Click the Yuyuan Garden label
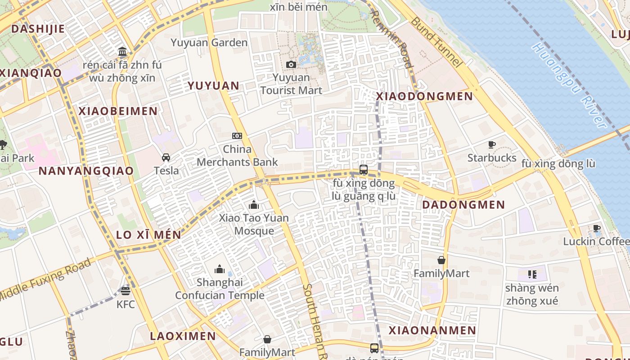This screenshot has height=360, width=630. (x=209, y=43)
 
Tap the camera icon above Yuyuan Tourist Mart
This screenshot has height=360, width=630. (x=291, y=64)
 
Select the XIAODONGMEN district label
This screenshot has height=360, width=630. (x=424, y=96)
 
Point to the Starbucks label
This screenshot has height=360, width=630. (x=492, y=158)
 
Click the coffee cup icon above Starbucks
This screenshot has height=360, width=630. (x=492, y=144)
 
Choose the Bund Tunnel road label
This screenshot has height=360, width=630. (x=436, y=42)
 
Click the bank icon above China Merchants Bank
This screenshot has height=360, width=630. (x=237, y=135)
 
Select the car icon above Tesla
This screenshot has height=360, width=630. (x=166, y=157)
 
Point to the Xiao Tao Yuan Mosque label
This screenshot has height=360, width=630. (x=254, y=224)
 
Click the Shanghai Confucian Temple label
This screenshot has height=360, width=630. (x=220, y=289)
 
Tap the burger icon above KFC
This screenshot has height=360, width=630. (x=126, y=291)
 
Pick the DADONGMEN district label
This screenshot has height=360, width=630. (x=463, y=205)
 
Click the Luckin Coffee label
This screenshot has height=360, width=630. (x=596, y=242)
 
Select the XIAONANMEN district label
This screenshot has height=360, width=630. (x=432, y=330)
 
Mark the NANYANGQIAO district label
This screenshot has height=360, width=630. (x=86, y=171)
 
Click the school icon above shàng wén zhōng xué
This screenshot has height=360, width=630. (x=532, y=274)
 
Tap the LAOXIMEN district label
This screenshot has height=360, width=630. (x=183, y=336)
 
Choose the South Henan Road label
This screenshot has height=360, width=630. (x=314, y=322)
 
